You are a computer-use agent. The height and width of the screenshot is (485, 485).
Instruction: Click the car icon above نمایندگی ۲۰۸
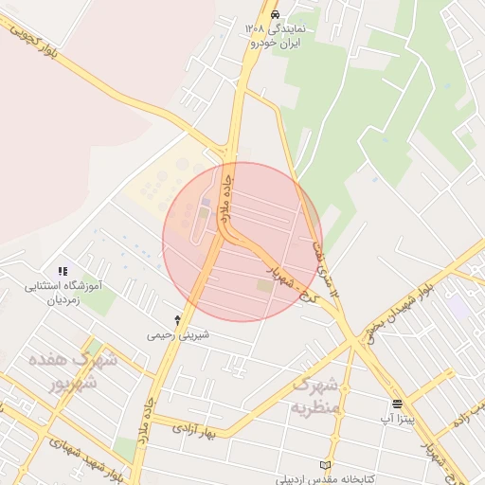pyautogui.click(x=275, y=15)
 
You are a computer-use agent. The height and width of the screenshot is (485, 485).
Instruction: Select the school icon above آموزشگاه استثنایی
pyautogui.click(x=63, y=271)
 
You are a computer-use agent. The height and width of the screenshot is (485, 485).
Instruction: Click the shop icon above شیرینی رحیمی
pyautogui.click(x=177, y=321)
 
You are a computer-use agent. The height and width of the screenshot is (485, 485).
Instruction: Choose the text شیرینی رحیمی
pyautogui.click(x=177, y=335)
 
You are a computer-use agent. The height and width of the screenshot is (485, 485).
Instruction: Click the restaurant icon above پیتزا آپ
pyautogui.click(x=396, y=403)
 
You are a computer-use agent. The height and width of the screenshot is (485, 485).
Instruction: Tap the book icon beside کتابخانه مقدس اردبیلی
pyautogui.click(x=327, y=466)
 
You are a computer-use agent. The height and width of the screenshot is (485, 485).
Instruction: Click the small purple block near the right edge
pyautogui.click(x=459, y=306)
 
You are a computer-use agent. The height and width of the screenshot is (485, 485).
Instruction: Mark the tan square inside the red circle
pyautogui.click(x=263, y=284)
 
